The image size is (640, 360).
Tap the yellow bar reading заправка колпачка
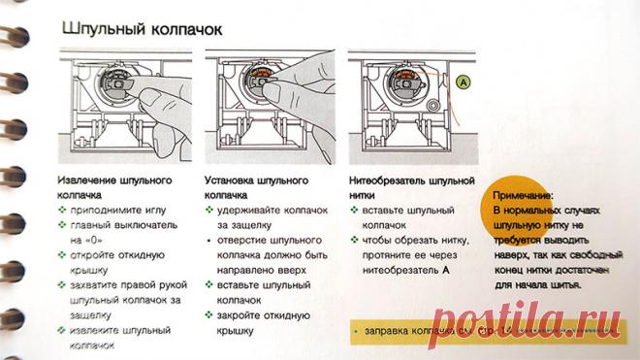tap(427, 334)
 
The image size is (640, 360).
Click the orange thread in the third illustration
tap(441, 78)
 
